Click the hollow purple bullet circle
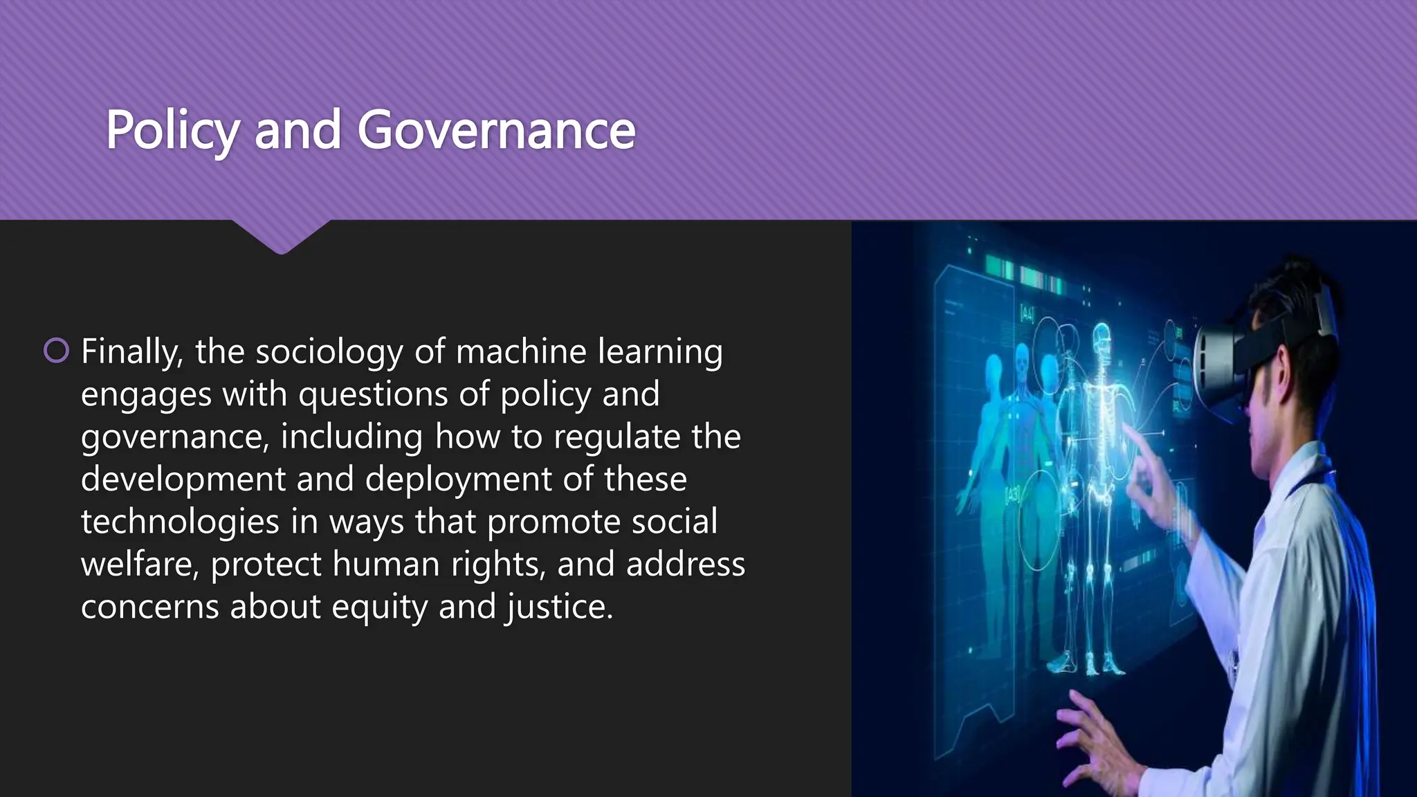[56, 351]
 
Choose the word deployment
[457, 479]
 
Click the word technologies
[180, 522]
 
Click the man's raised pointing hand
[1152, 477]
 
